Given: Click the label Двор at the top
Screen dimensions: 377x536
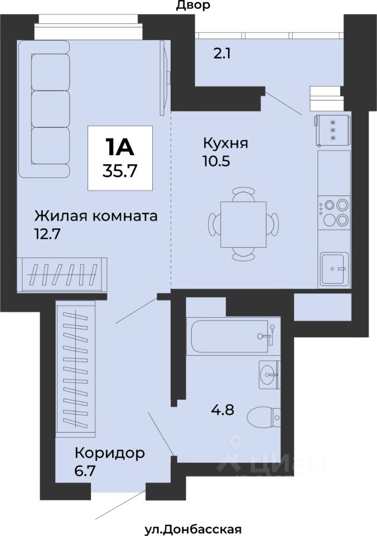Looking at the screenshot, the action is click(193, 5).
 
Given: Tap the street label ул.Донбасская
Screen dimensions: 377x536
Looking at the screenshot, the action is click(194, 529).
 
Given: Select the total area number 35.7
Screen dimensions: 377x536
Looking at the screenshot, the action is click(120, 170).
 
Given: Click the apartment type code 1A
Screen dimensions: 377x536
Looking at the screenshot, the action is click(120, 147).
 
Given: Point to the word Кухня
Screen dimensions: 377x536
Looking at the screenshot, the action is click(226, 143).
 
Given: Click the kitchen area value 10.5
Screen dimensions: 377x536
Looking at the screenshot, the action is click(217, 161).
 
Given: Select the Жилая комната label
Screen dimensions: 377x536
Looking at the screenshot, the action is click(96, 217).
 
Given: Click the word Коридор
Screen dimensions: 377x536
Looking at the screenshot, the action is click(110, 453).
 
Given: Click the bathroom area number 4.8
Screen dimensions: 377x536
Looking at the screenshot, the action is click(223, 409).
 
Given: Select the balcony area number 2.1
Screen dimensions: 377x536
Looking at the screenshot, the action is click(222, 54).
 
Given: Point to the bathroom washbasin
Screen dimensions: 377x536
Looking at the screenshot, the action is click(269, 374).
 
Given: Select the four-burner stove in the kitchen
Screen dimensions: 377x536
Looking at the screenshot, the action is click(334, 212).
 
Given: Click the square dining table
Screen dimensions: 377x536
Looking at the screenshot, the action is click(243, 224).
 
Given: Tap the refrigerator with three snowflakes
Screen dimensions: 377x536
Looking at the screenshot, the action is click(332, 130).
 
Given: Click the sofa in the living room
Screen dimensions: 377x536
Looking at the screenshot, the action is click(45, 109).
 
